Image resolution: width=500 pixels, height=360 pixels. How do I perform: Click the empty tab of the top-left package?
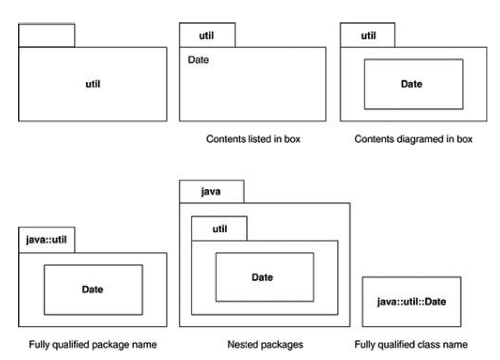pyautogui.click(x=46, y=36)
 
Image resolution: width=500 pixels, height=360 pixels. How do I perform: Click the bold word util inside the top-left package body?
pyautogui.click(x=93, y=84)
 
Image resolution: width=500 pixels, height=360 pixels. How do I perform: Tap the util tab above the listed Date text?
pyautogui.click(x=207, y=36)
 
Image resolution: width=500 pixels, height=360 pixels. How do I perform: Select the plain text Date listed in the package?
pyautogui.click(x=198, y=60)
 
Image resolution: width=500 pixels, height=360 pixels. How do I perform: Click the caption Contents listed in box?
pyautogui.click(x=253, y=139)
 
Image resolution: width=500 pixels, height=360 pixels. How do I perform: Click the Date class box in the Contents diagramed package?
pyautogui.click(x=413, y=84)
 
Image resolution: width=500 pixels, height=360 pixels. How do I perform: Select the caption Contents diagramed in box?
pyautogui.click(x=413, y=139)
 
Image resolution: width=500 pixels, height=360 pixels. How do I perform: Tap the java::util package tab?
pyautogui.click(x=46, y=239)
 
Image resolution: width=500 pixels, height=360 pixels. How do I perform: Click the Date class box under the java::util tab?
pyautogui.click(x=93, y=290)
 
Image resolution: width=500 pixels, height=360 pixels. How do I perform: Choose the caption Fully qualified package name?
pyautogui.click(x=93, y=345)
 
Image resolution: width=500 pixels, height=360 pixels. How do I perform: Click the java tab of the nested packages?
pyautogui.click(x=211, y=192)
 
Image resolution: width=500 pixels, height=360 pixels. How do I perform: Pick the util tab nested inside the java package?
pyautogui.click(x=219, y=228)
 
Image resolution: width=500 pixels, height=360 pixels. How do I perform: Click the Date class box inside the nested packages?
pyautogui.click(x=264, y=277)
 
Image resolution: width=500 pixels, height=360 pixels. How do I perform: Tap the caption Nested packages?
pyautogui.click(x=265, y=345)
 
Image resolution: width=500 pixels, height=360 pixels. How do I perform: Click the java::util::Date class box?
pyautogui.click(x=412, y=302)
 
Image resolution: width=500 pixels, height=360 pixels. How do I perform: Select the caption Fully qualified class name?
pyautogui.click(x=410, y=345)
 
